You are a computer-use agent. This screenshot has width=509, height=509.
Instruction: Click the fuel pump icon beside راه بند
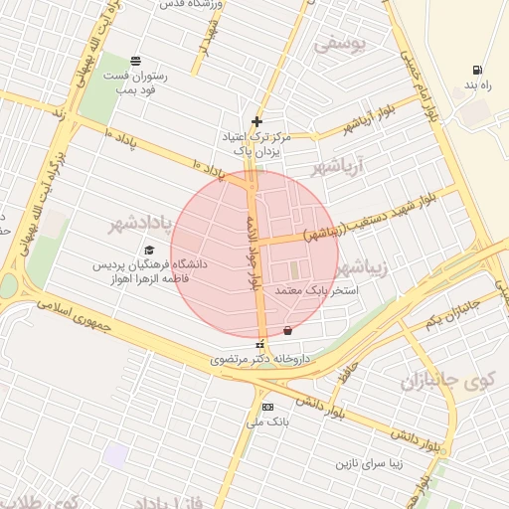pos(478,71)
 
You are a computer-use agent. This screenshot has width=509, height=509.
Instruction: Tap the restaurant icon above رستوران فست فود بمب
pos(135,60)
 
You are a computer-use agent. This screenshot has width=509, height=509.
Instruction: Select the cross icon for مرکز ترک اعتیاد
pos(256,120)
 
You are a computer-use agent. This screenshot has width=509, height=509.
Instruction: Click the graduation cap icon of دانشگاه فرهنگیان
pos(149,251)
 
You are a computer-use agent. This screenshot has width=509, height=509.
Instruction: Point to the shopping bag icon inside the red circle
pos(288,329)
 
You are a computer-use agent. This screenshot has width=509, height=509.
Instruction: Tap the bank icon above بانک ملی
pos(266,407)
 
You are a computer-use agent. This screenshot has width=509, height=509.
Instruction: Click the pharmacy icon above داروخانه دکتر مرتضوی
pos(260,344)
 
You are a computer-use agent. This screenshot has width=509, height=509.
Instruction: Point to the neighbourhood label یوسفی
pos(340,43)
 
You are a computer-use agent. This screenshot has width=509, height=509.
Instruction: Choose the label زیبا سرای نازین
pos(374,464)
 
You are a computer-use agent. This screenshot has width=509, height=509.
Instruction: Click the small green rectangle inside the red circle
pos(293,269)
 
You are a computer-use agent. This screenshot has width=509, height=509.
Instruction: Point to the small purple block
pos(117,456)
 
